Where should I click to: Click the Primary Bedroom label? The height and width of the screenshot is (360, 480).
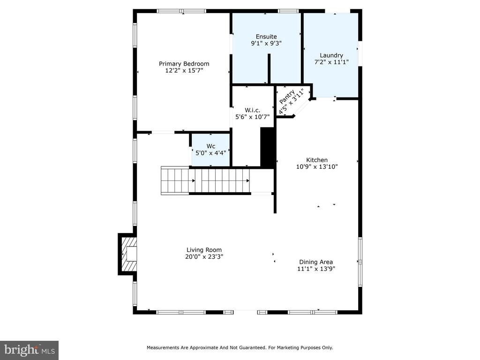coord(184,64)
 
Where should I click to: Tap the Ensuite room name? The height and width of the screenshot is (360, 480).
coord(266,37)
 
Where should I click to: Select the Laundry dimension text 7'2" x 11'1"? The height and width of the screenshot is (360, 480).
coord(331,62)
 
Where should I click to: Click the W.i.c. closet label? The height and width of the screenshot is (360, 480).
coord(253,110)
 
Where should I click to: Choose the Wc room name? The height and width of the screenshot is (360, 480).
coord(211,146)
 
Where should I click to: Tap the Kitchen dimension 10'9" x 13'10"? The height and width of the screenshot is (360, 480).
coord(317,167)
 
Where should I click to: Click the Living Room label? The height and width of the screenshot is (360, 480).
coord(204,250)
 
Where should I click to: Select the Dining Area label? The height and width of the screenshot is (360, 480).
coord(316,262)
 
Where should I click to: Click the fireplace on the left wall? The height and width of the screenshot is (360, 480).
coord(127,254)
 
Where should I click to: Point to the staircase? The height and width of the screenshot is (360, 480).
coord(205,180)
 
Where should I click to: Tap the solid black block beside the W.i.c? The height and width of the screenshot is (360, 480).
coord(267,148)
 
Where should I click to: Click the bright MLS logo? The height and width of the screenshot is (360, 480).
coord(29,350)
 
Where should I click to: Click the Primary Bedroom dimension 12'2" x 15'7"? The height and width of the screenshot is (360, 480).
coord(184,71)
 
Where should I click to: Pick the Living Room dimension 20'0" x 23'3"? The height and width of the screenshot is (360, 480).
coord(204,257)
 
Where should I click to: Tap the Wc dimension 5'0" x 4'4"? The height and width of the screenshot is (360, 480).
coord(211,153)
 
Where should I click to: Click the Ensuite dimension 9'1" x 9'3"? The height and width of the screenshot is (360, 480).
coord(266,44)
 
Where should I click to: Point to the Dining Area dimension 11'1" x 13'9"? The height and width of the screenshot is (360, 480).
coord(316,269)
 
